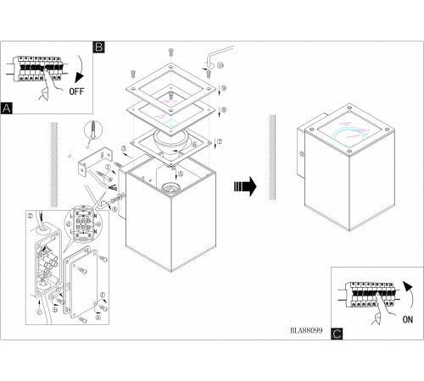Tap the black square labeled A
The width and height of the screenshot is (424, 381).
click(8, 108)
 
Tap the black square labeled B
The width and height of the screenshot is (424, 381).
click(98, 48)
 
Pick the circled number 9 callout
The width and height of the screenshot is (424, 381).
click(222, 89)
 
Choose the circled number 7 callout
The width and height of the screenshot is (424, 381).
click(219, 141)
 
